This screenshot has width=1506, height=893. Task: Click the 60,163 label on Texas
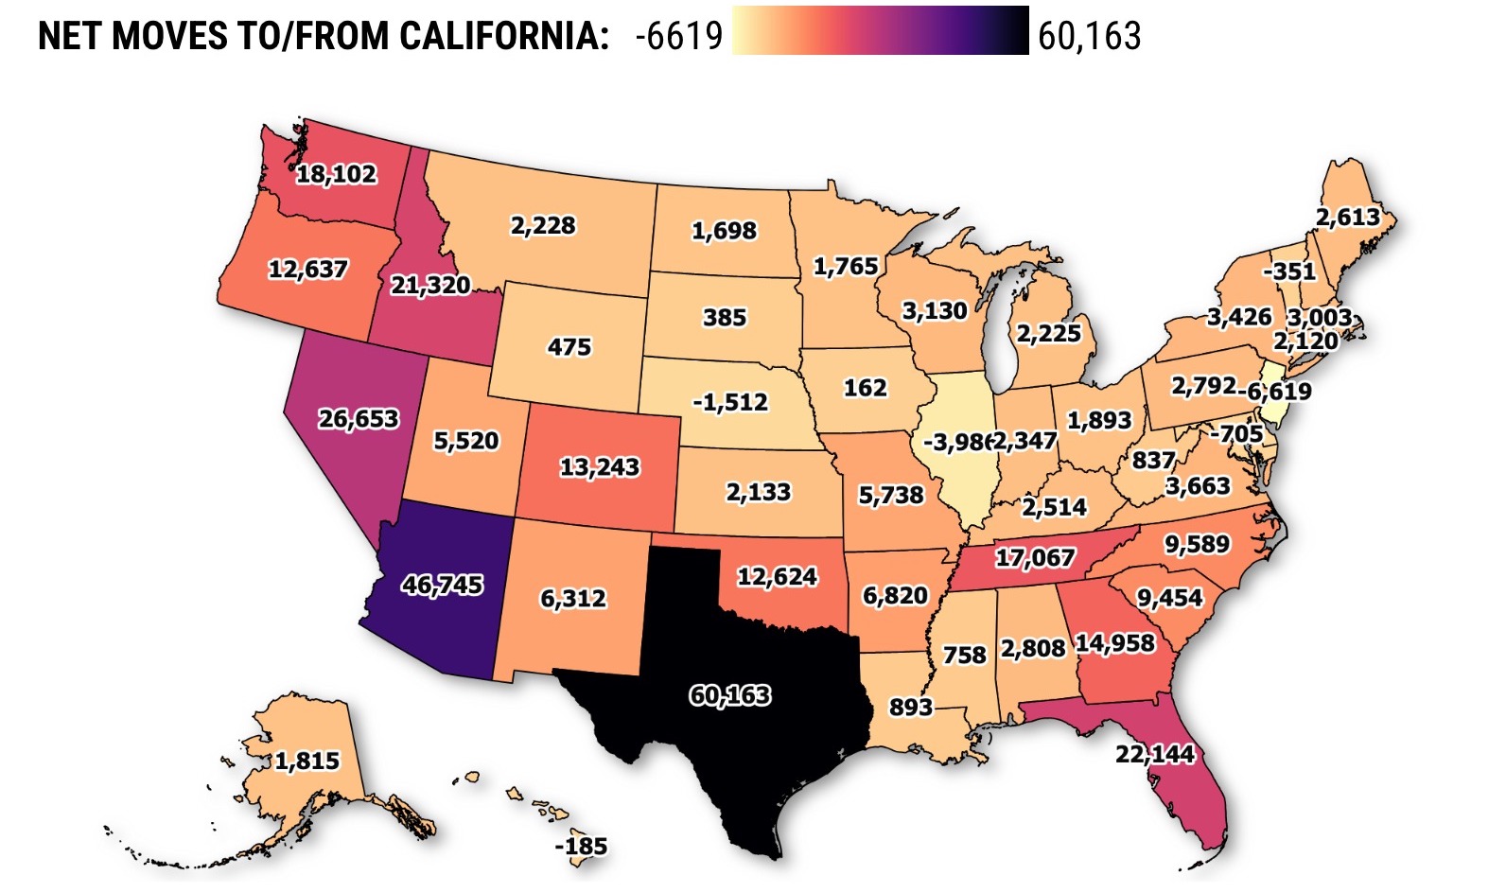[x=729, y=695]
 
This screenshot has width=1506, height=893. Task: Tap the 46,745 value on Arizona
[x=442, y=585]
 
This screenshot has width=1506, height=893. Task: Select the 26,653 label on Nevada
[x=359, y=418]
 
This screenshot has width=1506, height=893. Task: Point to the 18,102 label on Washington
[x=336, y=174]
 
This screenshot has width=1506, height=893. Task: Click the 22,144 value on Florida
[x=1155, y=754]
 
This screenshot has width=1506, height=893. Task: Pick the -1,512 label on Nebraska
[x=730, y=402]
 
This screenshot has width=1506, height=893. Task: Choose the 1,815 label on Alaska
[x=306, y=761]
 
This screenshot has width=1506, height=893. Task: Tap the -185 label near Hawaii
[x=581, y=846]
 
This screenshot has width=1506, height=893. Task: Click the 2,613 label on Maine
[x=1348, y=218]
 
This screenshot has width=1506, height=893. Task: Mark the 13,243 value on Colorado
[x=600, y=467]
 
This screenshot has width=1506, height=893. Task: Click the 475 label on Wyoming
[x=569, y=347]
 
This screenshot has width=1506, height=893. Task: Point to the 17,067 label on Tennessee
[x=1035, y=557]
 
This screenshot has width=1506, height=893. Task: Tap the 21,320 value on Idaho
[x=430, y=285]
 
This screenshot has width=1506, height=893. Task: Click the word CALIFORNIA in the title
[x=503, y=36]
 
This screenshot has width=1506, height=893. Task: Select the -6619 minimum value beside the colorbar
[x=679, y=36]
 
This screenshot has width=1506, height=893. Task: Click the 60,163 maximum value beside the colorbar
[x=1090, y=36]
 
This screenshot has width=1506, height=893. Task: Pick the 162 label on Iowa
[x=865, y=388]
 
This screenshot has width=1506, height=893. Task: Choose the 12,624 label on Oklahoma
[x=777, y=576]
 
